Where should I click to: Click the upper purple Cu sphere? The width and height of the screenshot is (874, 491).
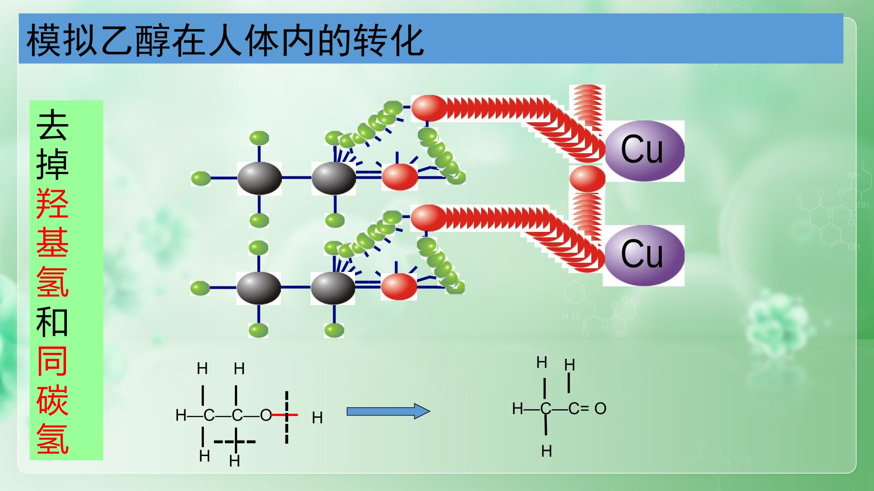click(x=644, y=150)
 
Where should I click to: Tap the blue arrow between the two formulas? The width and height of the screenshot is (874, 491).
click(x=388, y=411)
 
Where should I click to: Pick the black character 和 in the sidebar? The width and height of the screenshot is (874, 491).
click(x=53, y=322)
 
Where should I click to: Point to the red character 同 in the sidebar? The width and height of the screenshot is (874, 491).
click(x=53, y=361)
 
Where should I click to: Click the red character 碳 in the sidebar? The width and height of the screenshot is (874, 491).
click(x=53, y=400)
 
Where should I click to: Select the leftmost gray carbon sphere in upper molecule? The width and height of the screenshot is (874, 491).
click(x=259, y=178)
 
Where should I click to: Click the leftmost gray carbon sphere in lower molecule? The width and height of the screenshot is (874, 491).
click(x=259, y=288)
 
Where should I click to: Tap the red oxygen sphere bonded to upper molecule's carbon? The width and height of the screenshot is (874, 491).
click(x=399, y=177)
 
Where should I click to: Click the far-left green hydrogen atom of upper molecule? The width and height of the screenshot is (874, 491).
click(x=201, y=178)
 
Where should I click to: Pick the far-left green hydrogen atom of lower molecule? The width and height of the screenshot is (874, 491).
click(x=200, y=288)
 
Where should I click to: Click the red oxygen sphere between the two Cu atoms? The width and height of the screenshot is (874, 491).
click(x=587, y=179)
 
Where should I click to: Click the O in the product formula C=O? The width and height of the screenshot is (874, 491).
click(x=600, y=408)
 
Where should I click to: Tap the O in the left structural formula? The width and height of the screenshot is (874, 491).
click(x=266, y=415)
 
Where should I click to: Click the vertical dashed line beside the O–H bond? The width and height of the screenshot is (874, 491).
click(x=287, y=416)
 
